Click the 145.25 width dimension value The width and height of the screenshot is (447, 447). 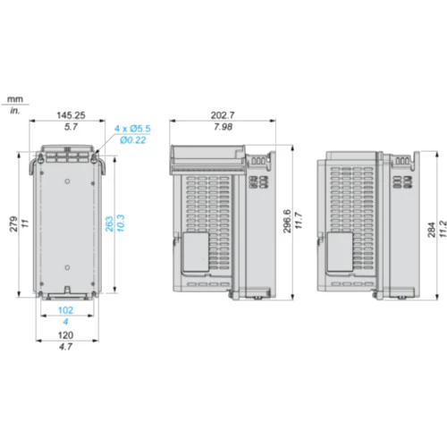tap(71, 115)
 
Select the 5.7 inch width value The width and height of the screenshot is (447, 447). tap(71, 127)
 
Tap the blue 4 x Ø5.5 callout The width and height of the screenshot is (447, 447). tap(132, 129)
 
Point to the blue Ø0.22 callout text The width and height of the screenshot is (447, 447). tap(133, 140)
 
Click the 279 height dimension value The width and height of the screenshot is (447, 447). tap(14, 224)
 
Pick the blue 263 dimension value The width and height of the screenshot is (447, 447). tap(109, 224)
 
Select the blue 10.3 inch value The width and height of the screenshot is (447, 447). tap(121, 223)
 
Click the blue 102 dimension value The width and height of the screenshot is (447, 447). tap(65, 310)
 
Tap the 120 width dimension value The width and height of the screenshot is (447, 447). tap(65, 335)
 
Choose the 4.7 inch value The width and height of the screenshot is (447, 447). tap(65, 347)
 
